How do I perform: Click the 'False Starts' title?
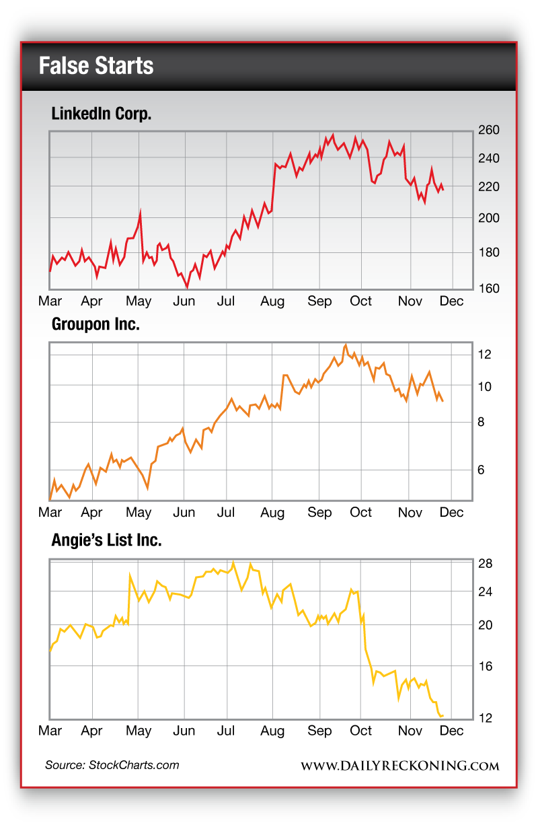(x=96, y=66)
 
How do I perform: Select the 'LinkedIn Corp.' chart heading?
(x=102, y=114)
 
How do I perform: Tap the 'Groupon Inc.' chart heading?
(x=95, y=325)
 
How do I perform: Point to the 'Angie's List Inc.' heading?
(x=106, y=540)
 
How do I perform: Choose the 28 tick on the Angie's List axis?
(x=486, y=563)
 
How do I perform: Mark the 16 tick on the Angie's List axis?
(x=486, y=666)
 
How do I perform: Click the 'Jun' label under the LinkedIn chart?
(x=184, y=301)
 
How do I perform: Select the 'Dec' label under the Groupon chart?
(x=451, y=512)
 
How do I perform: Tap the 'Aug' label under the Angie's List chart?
(x=272, y=731)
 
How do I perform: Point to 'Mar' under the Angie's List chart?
(x=50, y=731)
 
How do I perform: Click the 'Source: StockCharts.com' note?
(x=112, y=765)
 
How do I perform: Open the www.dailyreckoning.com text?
(x=399, y=766)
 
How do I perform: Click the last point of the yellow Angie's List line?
(x=443, y=715)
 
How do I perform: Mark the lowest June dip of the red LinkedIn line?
(x=186, y=287)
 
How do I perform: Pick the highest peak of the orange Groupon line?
(x=346, y=345)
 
